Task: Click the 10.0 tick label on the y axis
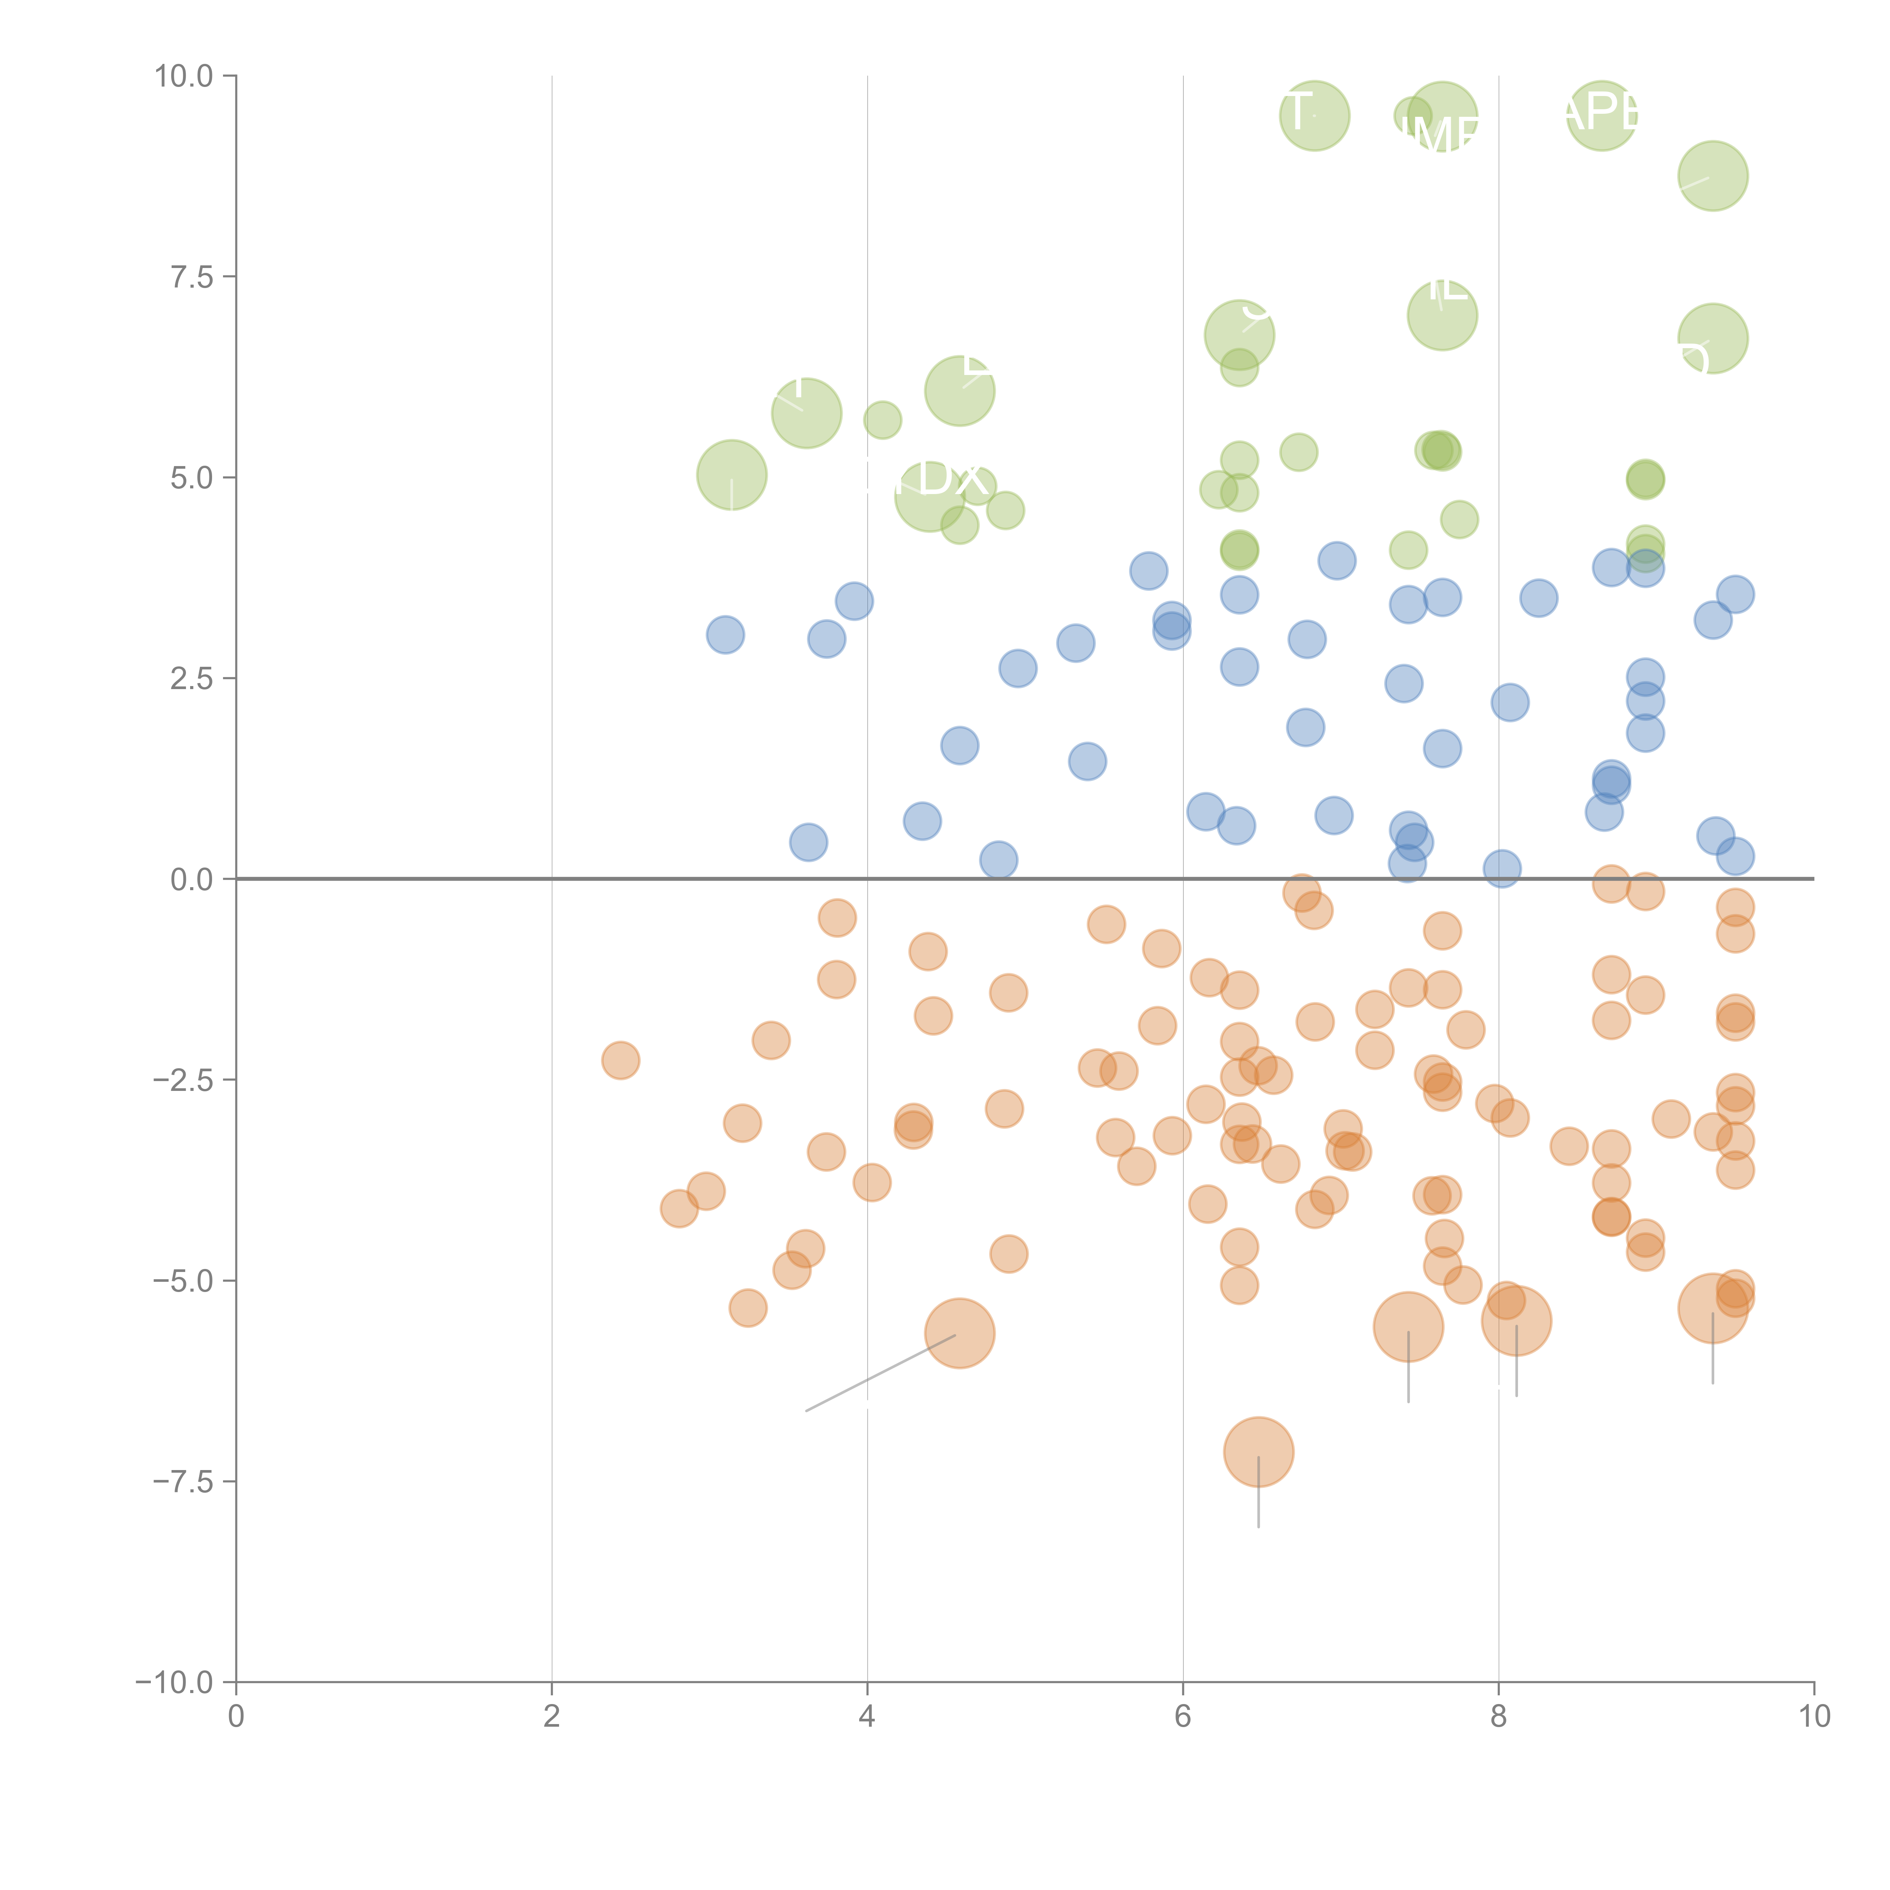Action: [184, 76]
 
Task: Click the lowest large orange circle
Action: [1258, 1452]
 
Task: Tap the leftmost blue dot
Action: [725, 635]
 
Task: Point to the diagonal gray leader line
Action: [880, 1373]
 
